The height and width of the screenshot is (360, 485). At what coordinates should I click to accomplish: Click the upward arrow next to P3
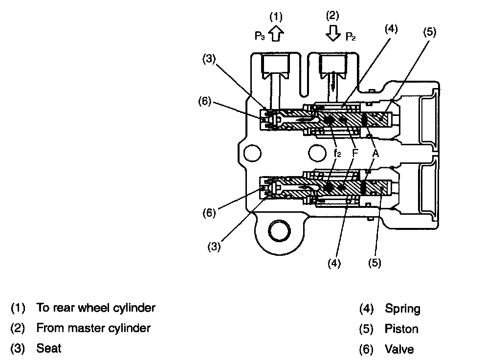(276, 33)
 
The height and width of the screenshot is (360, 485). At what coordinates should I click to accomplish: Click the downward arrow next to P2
(333, 33)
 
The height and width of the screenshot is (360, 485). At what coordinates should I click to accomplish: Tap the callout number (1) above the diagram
(276, 17)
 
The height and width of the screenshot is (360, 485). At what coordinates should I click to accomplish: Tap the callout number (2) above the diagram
(332, 16)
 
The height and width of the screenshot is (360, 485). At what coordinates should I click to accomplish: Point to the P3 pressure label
(260, 36)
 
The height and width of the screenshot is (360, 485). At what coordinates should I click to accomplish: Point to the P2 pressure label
(351, 37)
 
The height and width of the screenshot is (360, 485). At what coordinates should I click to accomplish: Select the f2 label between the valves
(337, 153)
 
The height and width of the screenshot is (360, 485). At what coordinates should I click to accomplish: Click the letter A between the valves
(375, 153)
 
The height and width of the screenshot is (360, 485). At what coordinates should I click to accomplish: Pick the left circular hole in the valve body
(252, 153)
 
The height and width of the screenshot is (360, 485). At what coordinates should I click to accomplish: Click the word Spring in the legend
(402, 309)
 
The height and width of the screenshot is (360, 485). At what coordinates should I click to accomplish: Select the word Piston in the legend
(401, 329)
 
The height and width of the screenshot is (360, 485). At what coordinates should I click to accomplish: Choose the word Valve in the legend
(399, 349)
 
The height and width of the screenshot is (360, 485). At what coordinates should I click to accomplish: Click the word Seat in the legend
(49, 348)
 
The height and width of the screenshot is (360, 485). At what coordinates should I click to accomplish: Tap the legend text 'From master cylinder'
(93, 328)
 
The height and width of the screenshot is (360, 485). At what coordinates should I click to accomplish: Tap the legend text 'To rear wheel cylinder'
(96, 308)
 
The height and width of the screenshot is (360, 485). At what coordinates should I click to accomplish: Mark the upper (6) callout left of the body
(205, 101)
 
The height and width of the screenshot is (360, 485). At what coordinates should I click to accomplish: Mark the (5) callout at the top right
(430, 32)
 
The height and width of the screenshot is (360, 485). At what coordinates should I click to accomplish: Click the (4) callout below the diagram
(334, 264)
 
